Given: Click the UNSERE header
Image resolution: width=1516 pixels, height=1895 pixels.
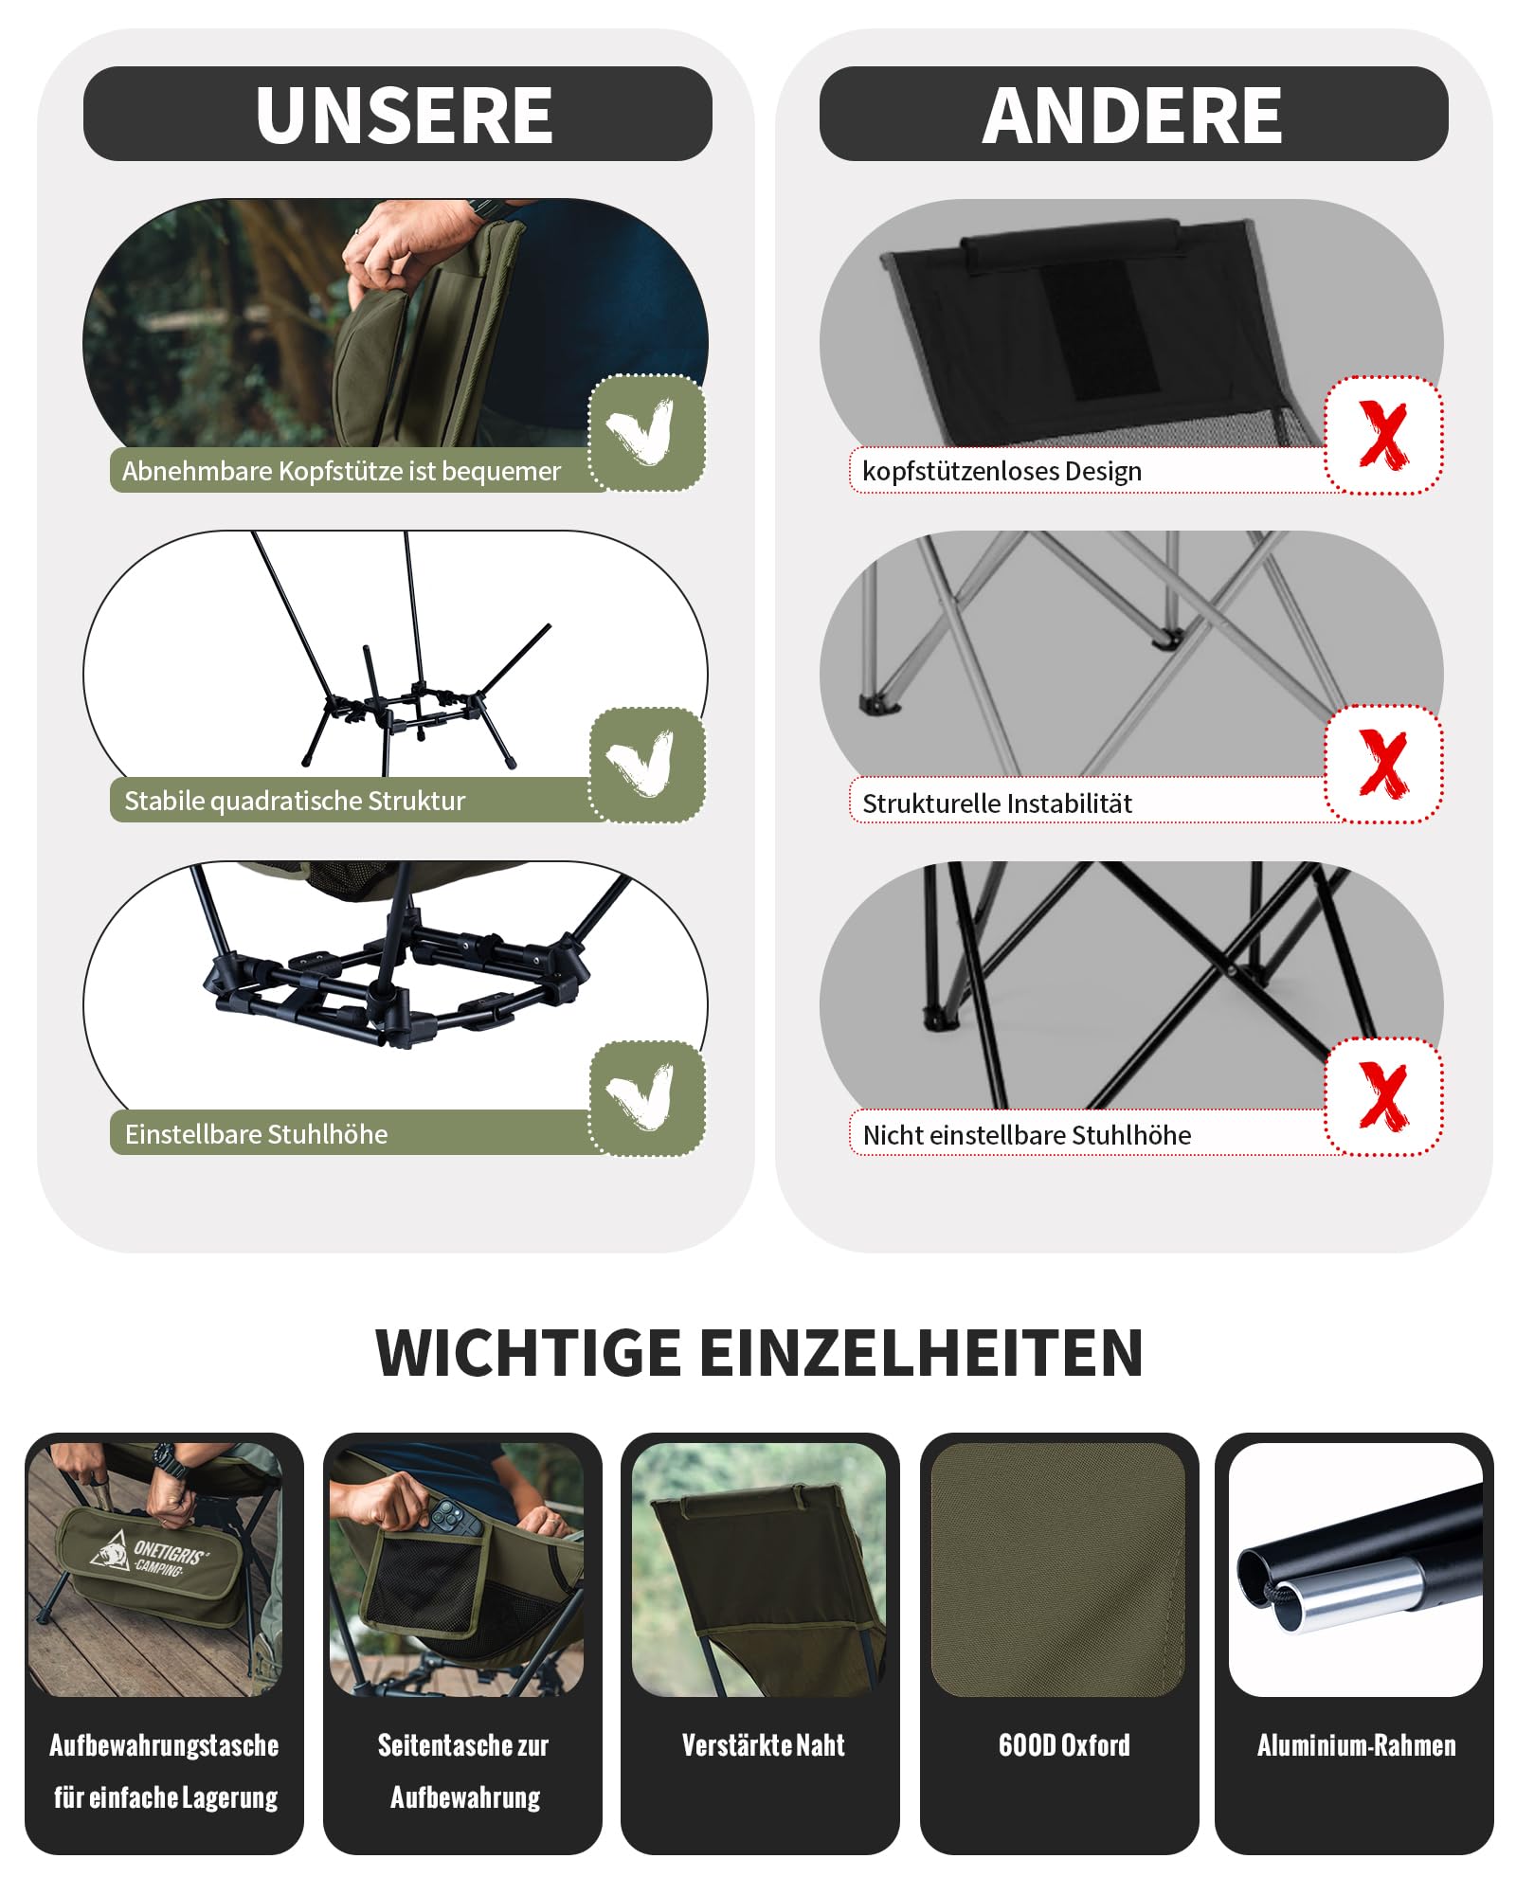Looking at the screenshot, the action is [405, 115].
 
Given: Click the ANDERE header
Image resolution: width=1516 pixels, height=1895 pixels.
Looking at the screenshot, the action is [1132, 115].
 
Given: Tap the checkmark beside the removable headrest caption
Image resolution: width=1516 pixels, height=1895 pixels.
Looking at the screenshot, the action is [641, 432].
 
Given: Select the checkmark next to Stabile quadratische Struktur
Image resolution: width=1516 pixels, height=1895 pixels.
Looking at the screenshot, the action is [641, 764].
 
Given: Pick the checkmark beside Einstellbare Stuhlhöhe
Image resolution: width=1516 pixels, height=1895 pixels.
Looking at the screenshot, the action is [641, 1097].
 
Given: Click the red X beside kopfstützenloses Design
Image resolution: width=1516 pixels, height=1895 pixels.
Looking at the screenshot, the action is [1383, 435].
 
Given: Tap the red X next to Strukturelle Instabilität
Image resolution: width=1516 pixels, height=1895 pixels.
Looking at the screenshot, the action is [1383, 764].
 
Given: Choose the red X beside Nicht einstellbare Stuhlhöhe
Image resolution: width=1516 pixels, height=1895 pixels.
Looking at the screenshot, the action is [1383, 1096].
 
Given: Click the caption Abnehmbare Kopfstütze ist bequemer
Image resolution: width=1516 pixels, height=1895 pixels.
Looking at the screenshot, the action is [341, 471].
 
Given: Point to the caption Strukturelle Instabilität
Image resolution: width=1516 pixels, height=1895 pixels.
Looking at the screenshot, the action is [997, 803].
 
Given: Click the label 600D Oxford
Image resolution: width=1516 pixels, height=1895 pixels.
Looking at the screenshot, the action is [1064, 1745].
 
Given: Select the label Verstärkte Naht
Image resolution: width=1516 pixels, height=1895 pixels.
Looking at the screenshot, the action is [763, 1745].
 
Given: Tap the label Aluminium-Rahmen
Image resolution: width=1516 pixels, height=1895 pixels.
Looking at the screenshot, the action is [1356, 1745].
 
